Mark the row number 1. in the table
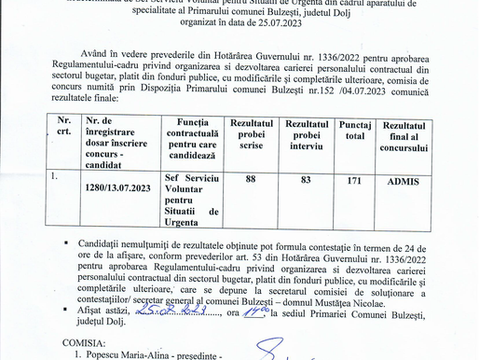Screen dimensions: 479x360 55,174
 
